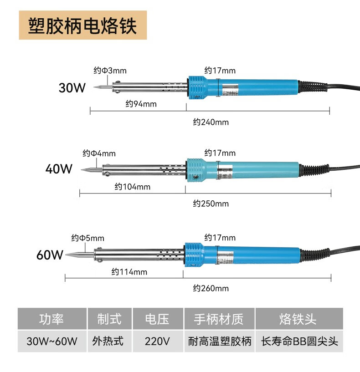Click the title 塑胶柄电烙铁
82,25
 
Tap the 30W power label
72,87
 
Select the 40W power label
59,169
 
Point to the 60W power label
50,255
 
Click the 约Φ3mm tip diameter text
110,71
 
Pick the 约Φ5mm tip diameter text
87,238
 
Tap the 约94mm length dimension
141,104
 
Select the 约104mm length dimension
132,187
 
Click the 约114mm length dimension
129,272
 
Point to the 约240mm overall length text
211,122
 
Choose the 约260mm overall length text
211,288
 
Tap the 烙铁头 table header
298,319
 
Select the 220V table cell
157,341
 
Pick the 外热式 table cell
108,341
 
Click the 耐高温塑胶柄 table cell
220,341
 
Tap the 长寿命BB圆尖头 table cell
299,341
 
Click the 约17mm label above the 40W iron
220,153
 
